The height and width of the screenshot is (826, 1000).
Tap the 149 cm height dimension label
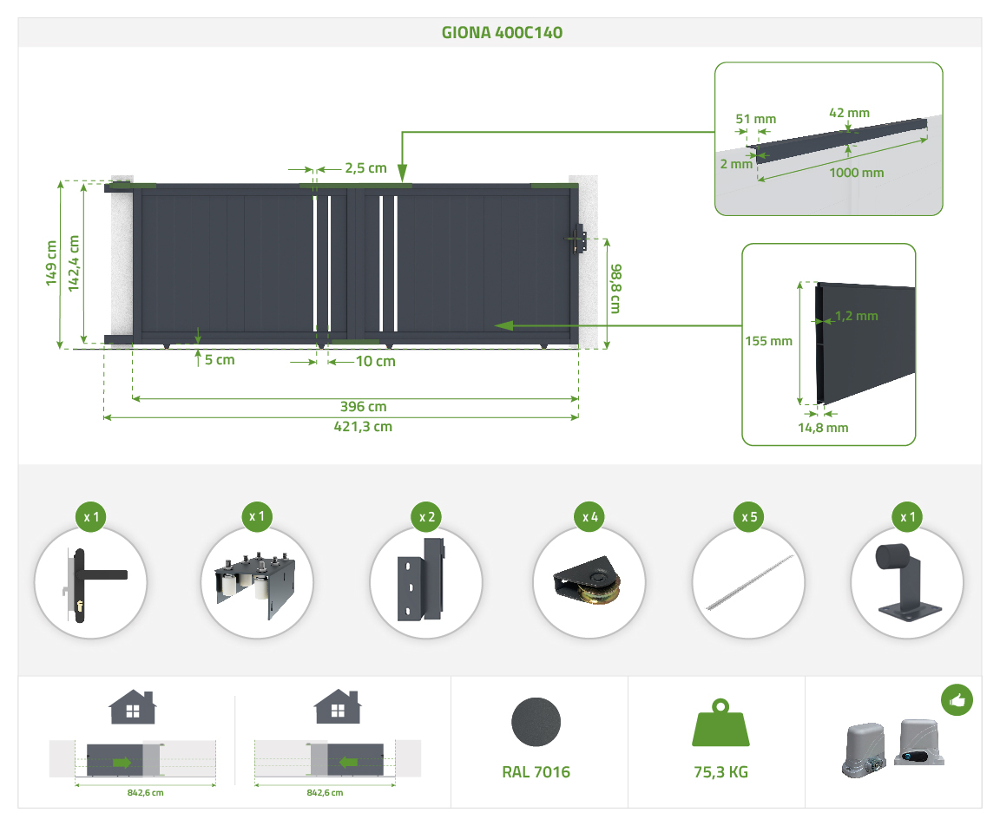click(x=51, y=263)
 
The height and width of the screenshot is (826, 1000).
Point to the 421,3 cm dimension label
click(x=363, y=426)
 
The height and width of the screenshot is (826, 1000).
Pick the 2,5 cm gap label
click(x=365, y=168)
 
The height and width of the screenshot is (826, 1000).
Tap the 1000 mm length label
click(x=856, y=172)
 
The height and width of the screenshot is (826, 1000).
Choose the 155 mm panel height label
click(x=768, y=341)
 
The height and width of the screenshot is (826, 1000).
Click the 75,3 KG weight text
click(x=720, y=772)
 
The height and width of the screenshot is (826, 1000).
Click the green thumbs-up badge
click(x=956, y=699)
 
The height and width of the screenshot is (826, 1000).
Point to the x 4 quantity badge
click(x=591, y=517)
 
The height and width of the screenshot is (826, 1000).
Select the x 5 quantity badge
click(x=750, y=517)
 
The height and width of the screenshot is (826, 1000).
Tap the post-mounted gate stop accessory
click(x=907, y=582)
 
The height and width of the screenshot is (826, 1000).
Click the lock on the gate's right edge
click(x=579, y=239)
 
